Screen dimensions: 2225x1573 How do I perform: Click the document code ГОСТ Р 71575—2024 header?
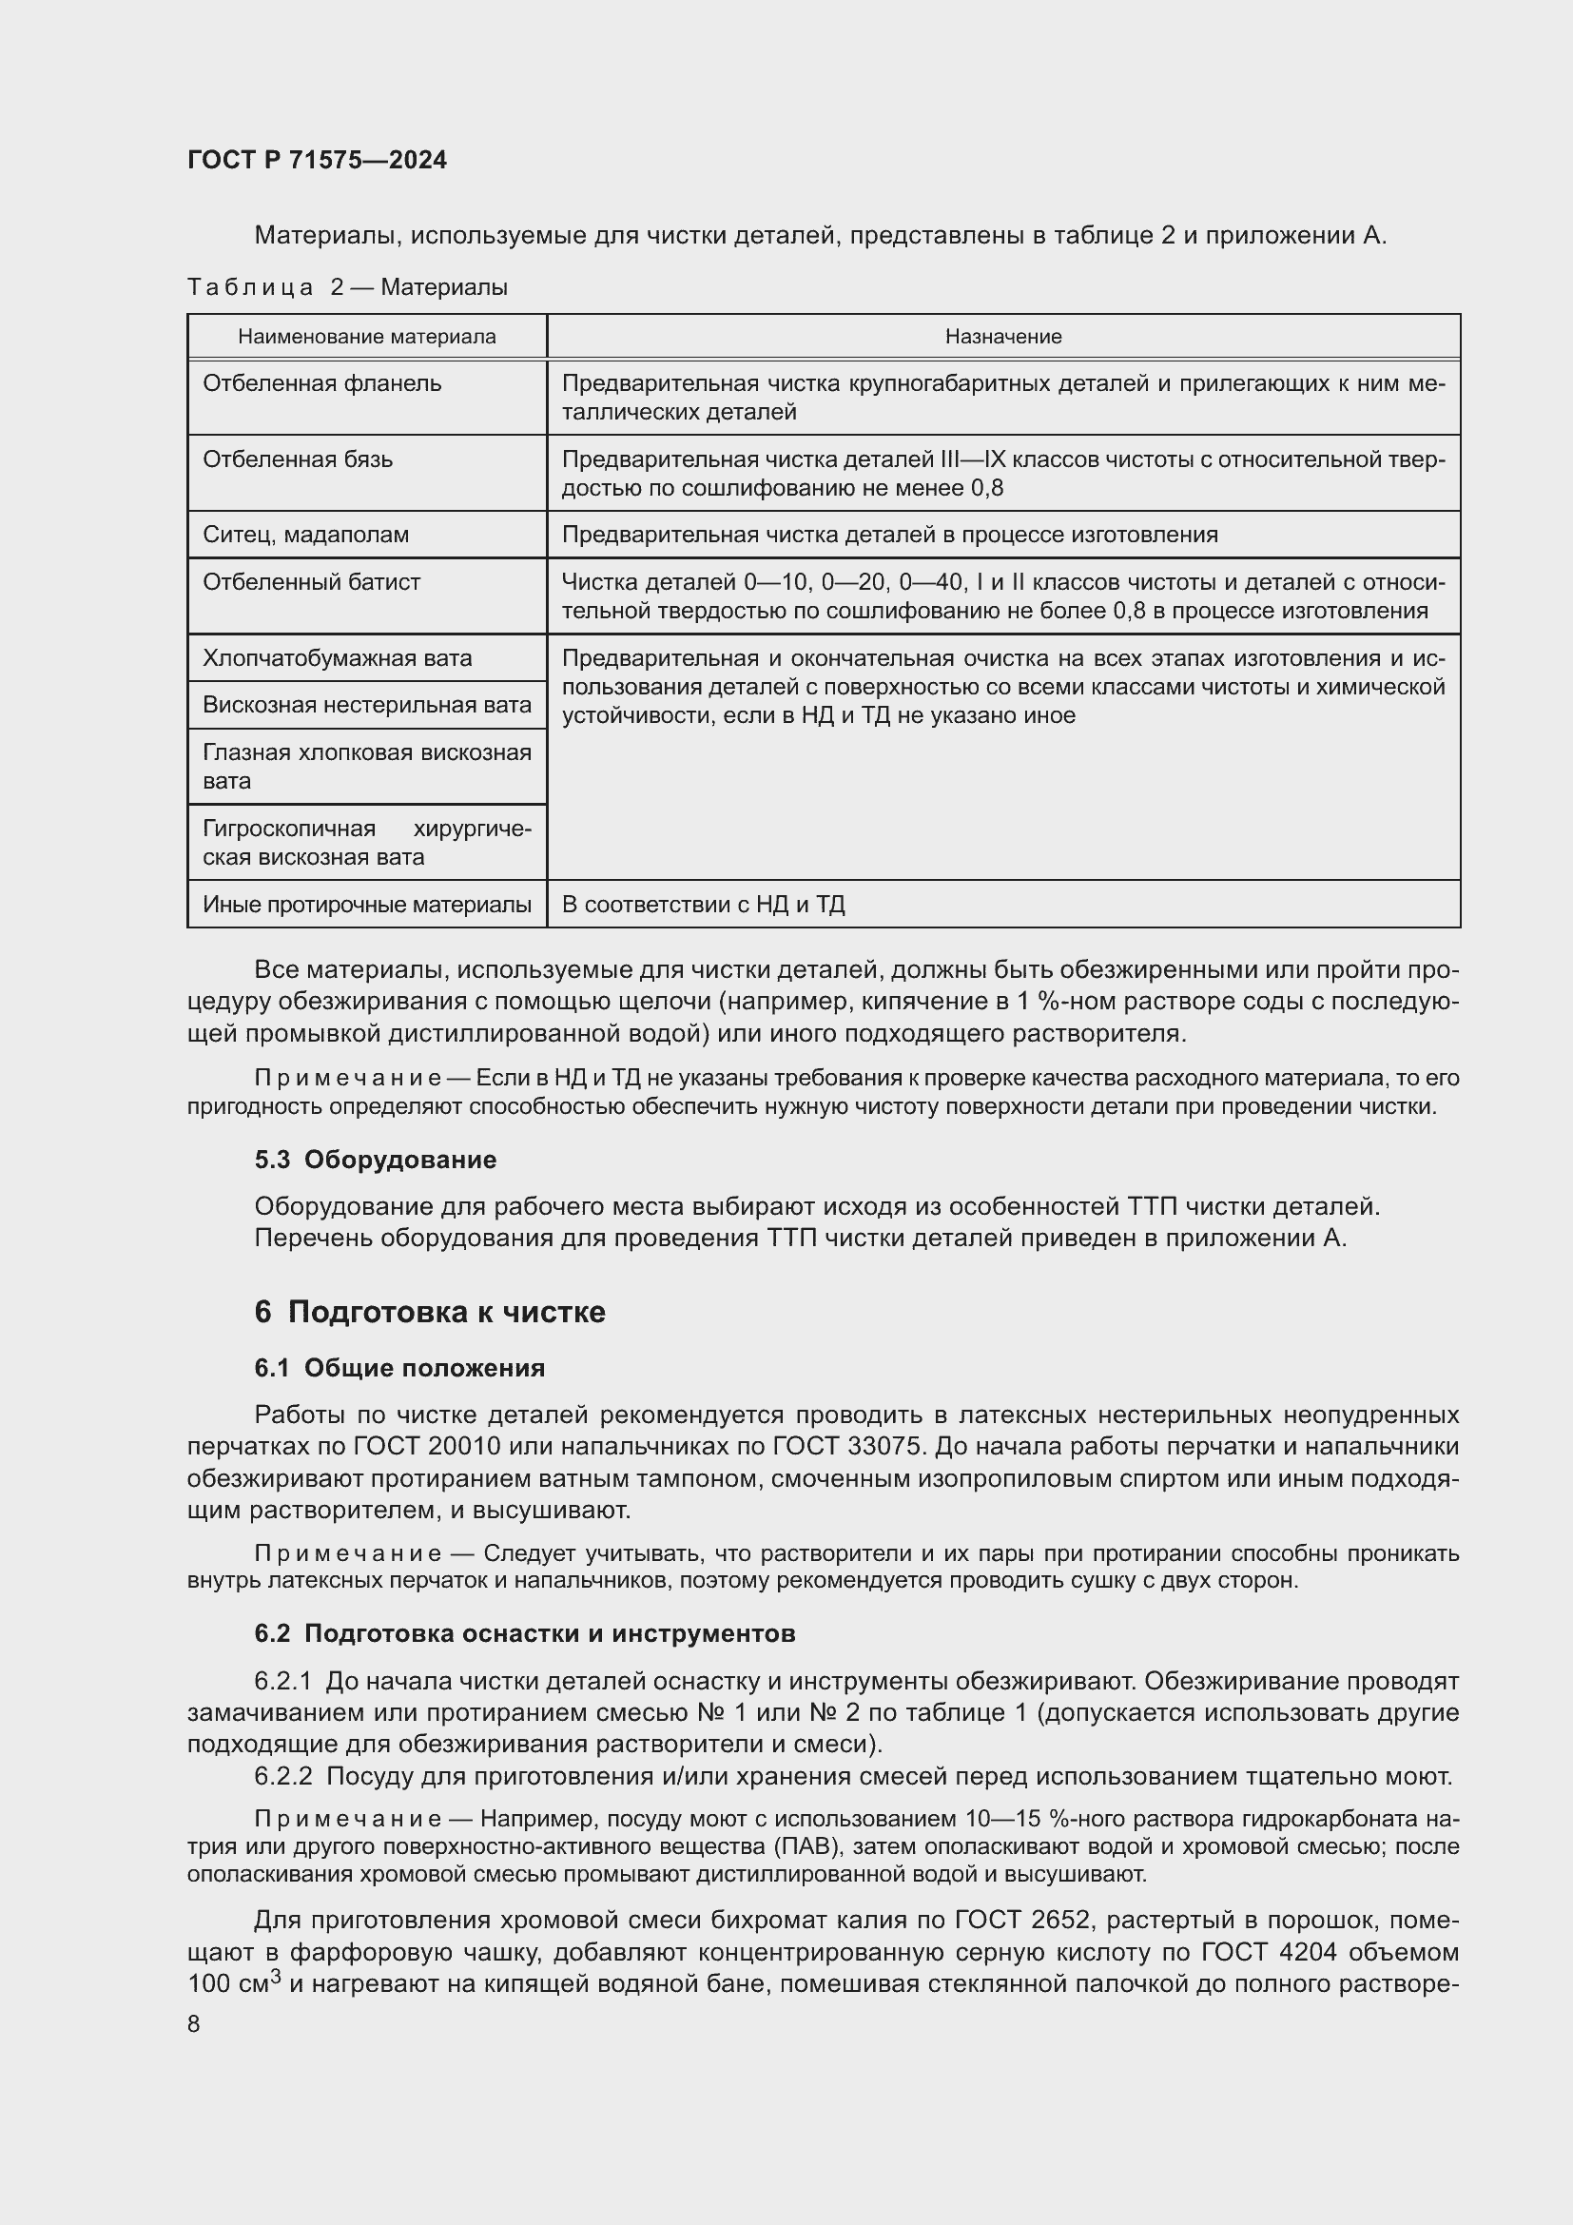(x=317, y=160)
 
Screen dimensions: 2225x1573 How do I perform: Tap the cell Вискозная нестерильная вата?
(x=366, y=705)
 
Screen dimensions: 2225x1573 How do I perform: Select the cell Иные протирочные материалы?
(x=366, y=904)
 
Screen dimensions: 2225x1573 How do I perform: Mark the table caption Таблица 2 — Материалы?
(x=347, y=287)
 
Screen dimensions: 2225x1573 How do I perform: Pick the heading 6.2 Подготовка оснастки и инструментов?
(x=524, y=1633)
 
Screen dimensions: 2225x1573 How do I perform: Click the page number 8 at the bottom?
(x=194, y=2024)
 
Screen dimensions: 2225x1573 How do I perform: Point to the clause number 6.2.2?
(x=282, y=1776)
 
